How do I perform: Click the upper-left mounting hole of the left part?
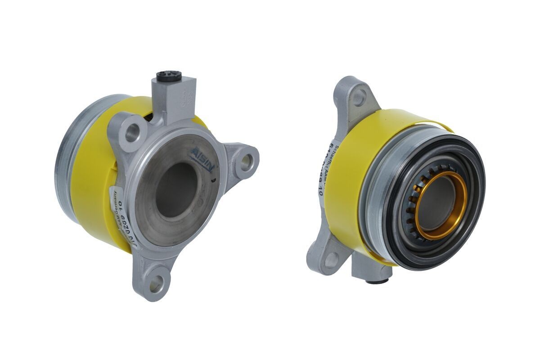click(x=133, y=132)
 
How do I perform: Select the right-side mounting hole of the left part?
click(x=246, y=162)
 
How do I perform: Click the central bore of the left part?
click(x=177, y=189)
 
